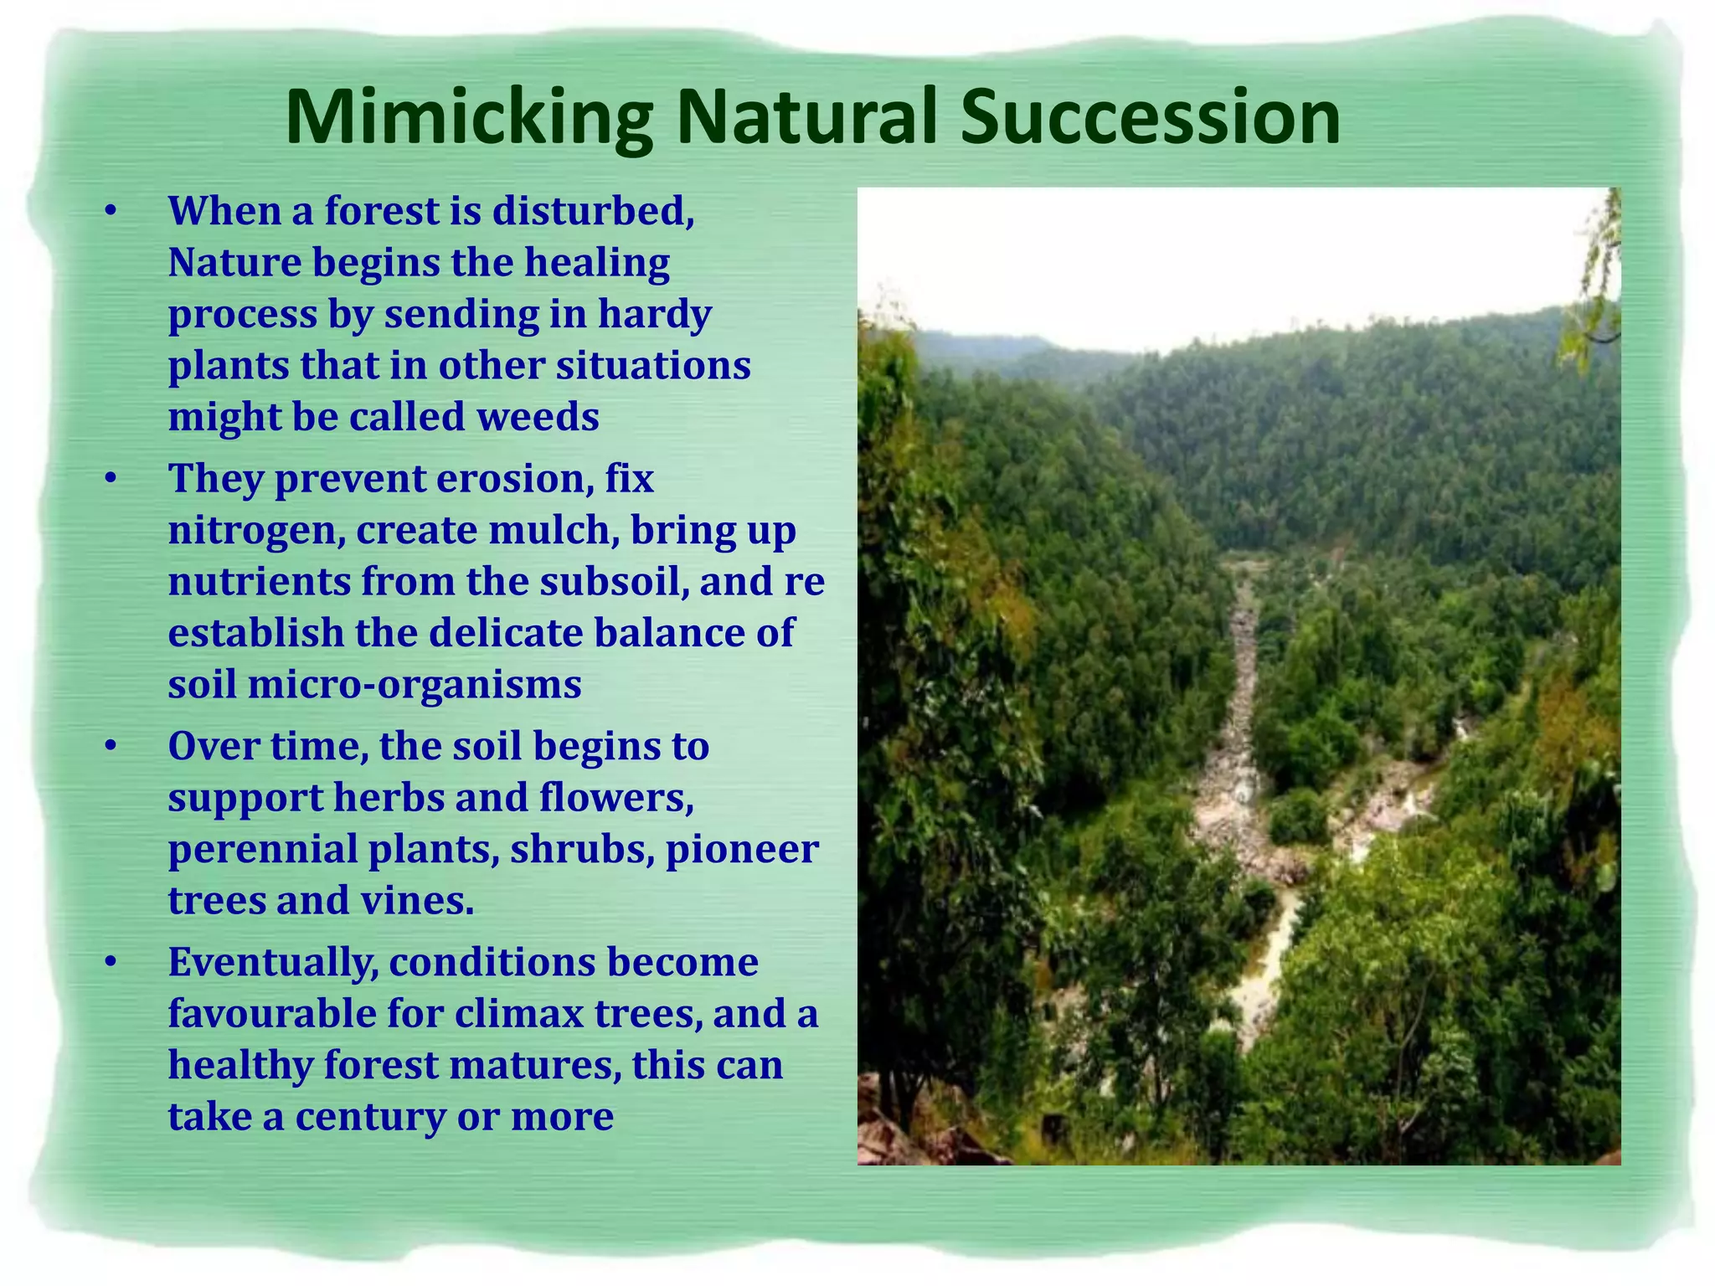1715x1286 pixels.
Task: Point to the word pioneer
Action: [x=741, y=850]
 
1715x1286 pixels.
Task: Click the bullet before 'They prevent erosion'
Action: [x=111, y=480]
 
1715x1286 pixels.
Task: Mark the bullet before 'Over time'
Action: [x=111, y=746]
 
